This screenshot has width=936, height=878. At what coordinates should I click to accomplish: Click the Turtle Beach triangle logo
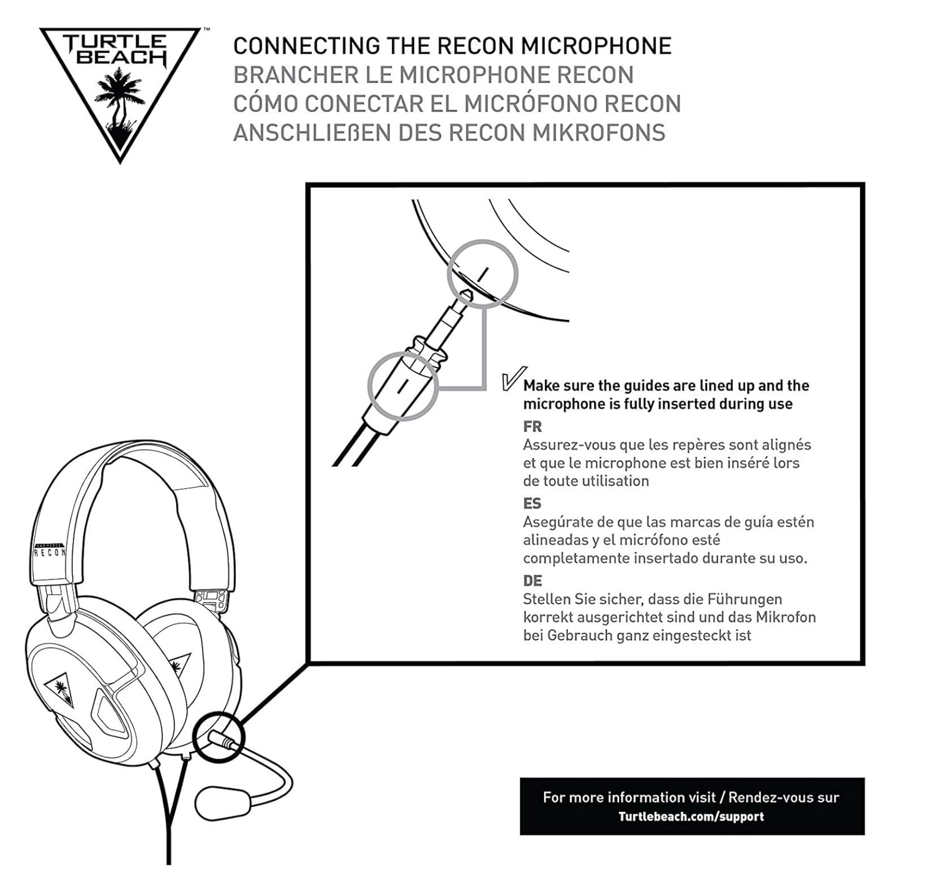click(120, 87)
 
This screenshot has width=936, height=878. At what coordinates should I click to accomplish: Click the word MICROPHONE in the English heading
click(596, 46)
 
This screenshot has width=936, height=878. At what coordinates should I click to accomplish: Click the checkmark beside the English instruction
click(513, 378)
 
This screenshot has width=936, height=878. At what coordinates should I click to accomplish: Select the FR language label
click(532, 427)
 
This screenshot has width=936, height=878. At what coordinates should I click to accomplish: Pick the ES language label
click(532, 503)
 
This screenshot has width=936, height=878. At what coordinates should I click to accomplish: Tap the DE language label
click(532, 581)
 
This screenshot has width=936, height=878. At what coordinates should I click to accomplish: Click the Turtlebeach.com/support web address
click(691, 816)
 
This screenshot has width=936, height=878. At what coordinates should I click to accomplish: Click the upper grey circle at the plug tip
click(483, 273)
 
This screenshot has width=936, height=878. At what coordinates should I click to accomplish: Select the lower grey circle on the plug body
click(402, 385)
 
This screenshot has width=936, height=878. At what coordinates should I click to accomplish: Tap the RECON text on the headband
click(49, 553)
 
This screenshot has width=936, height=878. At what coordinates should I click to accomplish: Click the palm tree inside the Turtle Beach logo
click(119, 100)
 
